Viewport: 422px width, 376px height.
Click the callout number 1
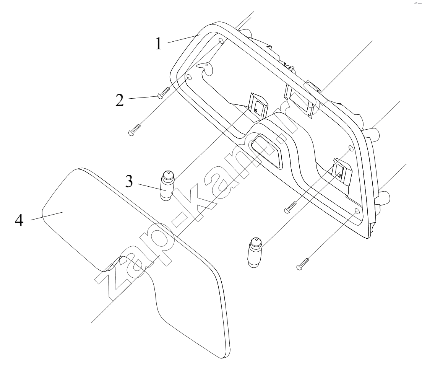[159, 44]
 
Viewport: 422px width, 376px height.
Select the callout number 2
[120, 100]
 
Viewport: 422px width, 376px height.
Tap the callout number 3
[129, 181]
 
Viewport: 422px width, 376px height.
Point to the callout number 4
[19, 221]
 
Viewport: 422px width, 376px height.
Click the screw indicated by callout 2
[163, 93]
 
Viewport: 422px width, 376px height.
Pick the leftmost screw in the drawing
[135, 130]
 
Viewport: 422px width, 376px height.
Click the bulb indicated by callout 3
[167, 186]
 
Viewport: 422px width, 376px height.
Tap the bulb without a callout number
[255, 252]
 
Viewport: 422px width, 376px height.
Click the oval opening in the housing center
[267, 151]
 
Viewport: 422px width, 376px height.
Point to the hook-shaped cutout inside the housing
[206, 67]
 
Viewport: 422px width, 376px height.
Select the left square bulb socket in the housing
[257, 106]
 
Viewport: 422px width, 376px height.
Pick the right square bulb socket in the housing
[342, 172]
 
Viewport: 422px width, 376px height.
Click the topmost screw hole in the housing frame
[221, 41]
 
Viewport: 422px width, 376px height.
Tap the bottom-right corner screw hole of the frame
[358, 211]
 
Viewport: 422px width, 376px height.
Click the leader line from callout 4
[47, 216]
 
